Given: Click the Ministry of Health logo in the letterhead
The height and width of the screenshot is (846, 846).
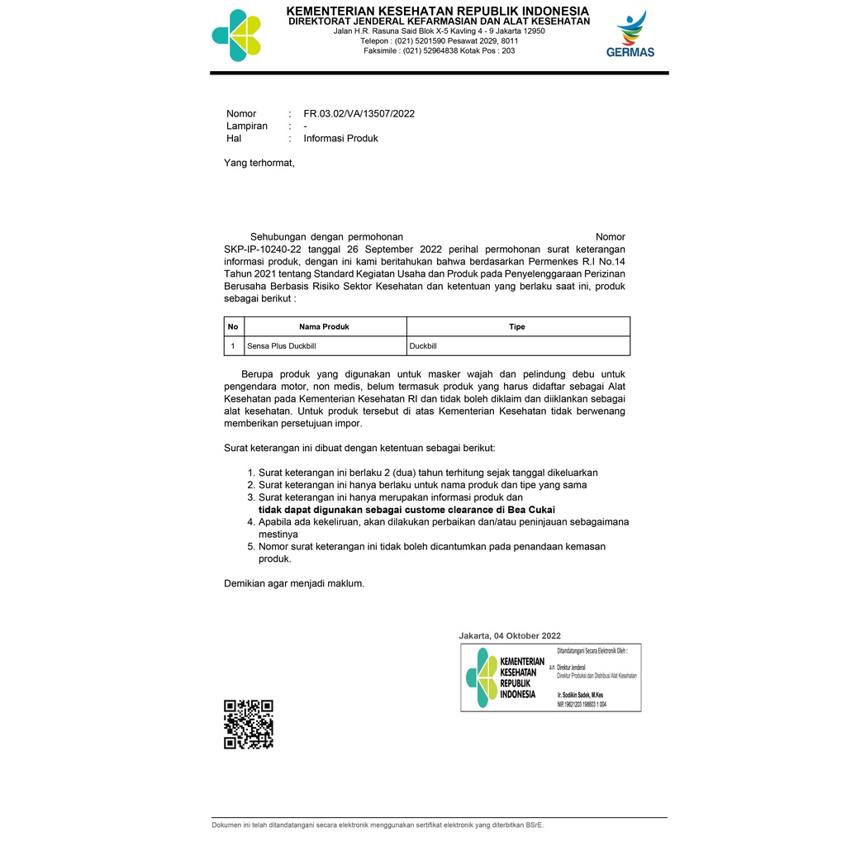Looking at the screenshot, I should point(236,35).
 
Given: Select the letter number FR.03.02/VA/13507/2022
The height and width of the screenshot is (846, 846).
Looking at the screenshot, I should point(359,114).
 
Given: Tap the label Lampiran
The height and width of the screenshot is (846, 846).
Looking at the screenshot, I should point(247,126).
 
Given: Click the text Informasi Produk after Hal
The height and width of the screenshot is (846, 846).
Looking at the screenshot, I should point(340,139).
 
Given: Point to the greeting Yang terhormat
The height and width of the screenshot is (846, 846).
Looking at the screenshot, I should point(259,163).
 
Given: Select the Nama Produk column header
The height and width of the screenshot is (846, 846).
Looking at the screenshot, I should point(324,327).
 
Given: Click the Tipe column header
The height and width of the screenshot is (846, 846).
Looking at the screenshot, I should point(517,327).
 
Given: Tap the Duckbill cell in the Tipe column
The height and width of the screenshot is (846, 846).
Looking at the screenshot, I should point(423,346).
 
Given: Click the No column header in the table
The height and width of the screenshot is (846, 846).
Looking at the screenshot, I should point(233,327).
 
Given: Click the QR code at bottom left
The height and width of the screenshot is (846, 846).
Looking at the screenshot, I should point(249,725).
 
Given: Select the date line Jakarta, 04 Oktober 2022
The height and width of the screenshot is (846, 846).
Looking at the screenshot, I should point(510,636).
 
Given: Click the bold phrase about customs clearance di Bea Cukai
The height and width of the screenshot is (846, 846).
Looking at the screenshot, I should point(406,510).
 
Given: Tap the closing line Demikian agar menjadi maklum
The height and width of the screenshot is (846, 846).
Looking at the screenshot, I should point(294,583).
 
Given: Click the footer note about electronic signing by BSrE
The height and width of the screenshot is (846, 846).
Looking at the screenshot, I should point(378,825).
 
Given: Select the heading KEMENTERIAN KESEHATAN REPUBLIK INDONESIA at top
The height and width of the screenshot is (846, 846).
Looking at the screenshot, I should point(438,11).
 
